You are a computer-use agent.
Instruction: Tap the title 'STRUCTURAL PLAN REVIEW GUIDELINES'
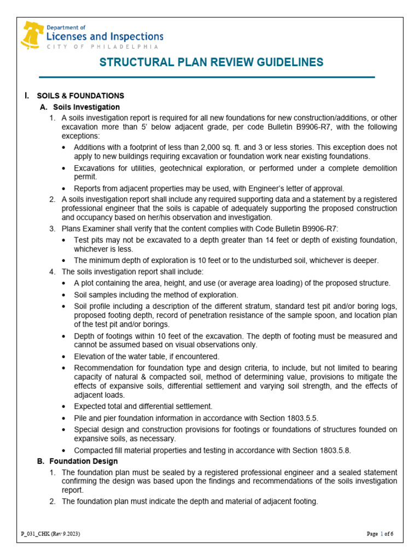click(x=211, y=62)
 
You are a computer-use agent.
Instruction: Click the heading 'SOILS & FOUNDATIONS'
click(x=80, y=96)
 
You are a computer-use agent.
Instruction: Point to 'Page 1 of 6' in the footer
click(x=380, y=533)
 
